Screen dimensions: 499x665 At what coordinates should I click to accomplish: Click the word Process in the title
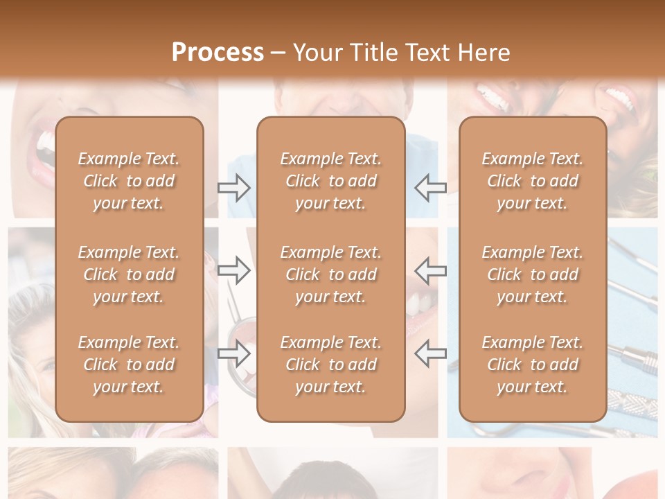click(x=218, y=53)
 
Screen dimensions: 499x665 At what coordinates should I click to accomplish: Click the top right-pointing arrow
click(x=233, y=187)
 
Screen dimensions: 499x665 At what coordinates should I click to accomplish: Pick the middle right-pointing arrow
click(x=233, y=270)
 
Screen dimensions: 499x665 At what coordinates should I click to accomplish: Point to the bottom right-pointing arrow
click(x=233, y=353)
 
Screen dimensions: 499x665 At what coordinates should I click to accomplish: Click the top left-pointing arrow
click(x=431, y=187)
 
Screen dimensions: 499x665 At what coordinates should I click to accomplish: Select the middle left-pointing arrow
click(x=431, y=270)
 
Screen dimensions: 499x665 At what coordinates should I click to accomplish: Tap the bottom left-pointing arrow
click(x=431, y=353)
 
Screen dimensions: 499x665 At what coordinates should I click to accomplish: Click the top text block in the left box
click(x=129, y=181)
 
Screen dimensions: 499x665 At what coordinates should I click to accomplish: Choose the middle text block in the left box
click(x=129, y=274)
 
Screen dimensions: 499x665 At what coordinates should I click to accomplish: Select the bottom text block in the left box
click(x=129, y=365)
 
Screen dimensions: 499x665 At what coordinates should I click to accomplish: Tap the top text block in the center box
click(x=331, y=181)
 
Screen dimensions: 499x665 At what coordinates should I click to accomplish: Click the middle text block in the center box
click(x=331, y=274)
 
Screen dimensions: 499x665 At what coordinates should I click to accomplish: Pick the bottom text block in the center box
click(x=331, y=365)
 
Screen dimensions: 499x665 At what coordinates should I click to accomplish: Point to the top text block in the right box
click(x=533, y=181)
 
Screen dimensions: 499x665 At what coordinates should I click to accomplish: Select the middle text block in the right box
click(x=533, y=274)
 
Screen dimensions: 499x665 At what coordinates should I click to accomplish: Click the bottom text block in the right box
click(x=533, y=365)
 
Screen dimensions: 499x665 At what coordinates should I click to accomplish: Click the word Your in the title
click(x=316, y=53)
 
